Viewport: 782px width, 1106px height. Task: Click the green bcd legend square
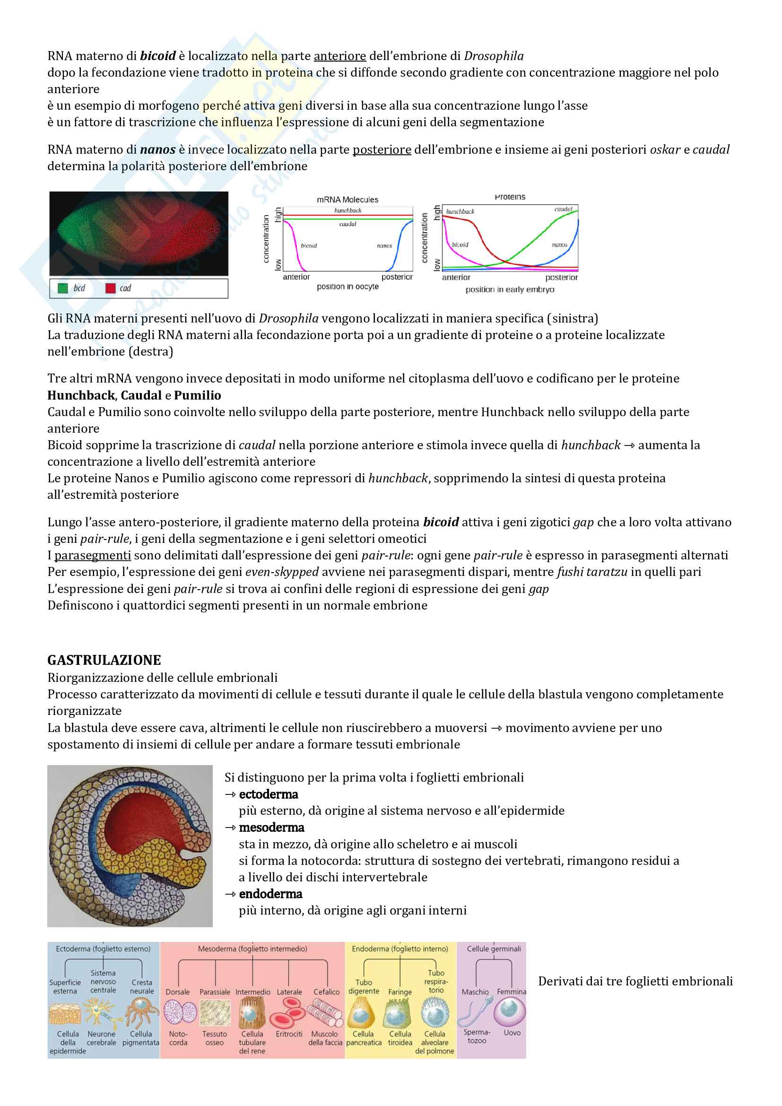[x=62, y=288]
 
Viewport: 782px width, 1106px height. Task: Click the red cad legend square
[x=110, y=288]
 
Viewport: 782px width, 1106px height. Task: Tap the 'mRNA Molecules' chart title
[x=347, y=200]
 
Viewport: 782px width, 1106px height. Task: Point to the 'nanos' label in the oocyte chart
[x=384, y=246]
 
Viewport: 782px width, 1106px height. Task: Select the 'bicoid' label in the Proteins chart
[x=460, y=245]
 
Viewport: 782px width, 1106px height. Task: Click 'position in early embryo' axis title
[x=510, y=289]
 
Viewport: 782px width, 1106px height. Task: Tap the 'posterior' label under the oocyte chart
[x=397, y=277]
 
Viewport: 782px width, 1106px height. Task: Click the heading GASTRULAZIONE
[x=104, y=660]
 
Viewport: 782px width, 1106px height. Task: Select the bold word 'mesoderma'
[x=271, y=827]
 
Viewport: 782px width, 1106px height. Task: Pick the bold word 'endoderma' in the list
[x=270, y=894]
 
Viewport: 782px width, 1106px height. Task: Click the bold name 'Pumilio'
[x=198, y=395]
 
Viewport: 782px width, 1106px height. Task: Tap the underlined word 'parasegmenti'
[x=93, y=555]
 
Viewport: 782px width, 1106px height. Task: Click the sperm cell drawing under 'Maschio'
[x=474, y=1011]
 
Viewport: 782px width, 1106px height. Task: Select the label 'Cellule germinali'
[x=494, y=949]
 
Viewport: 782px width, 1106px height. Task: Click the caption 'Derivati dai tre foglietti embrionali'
[x=635, y=981]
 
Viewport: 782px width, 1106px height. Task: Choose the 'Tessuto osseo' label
[x=214, y=1038]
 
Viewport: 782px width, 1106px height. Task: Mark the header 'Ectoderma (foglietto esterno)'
[x=103, y=949]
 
